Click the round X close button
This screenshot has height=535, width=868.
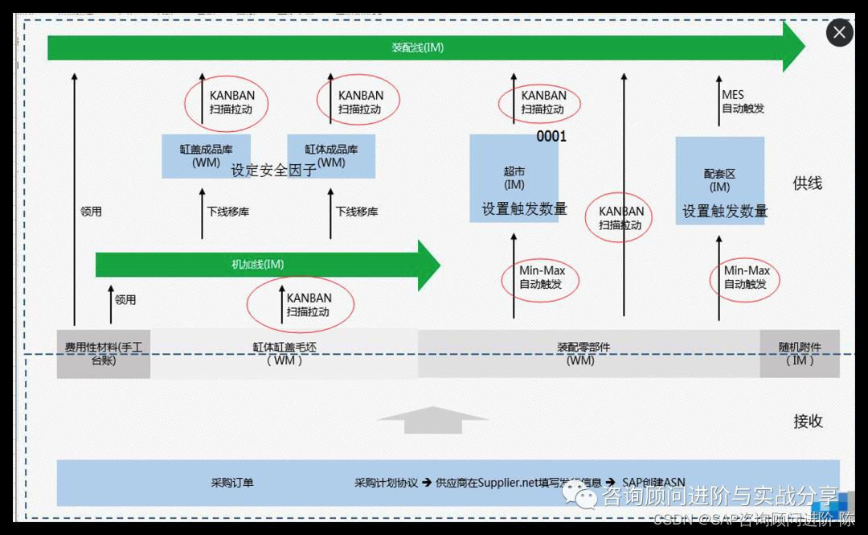point(840,33)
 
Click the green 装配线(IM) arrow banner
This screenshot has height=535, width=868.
point(418,47)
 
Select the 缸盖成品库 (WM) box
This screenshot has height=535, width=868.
point(206,155)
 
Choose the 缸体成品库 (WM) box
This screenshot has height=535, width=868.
point(331,155)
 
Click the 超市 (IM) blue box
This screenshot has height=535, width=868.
point(514,178)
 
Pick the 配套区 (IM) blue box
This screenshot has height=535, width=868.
point(719,180)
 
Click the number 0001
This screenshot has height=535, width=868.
point(551,137)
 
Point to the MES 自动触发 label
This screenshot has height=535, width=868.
point(742,102)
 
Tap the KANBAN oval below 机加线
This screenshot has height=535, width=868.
point(301,305)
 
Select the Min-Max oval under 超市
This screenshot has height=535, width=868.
point(542,278)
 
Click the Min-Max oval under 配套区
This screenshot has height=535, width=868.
point(747,278)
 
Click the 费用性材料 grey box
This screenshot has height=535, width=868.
point(103,354)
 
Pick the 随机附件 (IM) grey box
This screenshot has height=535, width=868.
point(800,354)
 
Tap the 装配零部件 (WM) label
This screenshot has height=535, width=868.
point(582,354)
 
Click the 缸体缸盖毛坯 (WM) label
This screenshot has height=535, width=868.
point(284,354)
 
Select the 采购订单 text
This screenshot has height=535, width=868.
point(232,483)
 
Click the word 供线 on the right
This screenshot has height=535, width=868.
point(807,183)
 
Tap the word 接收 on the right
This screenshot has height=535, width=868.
point(807,421)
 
